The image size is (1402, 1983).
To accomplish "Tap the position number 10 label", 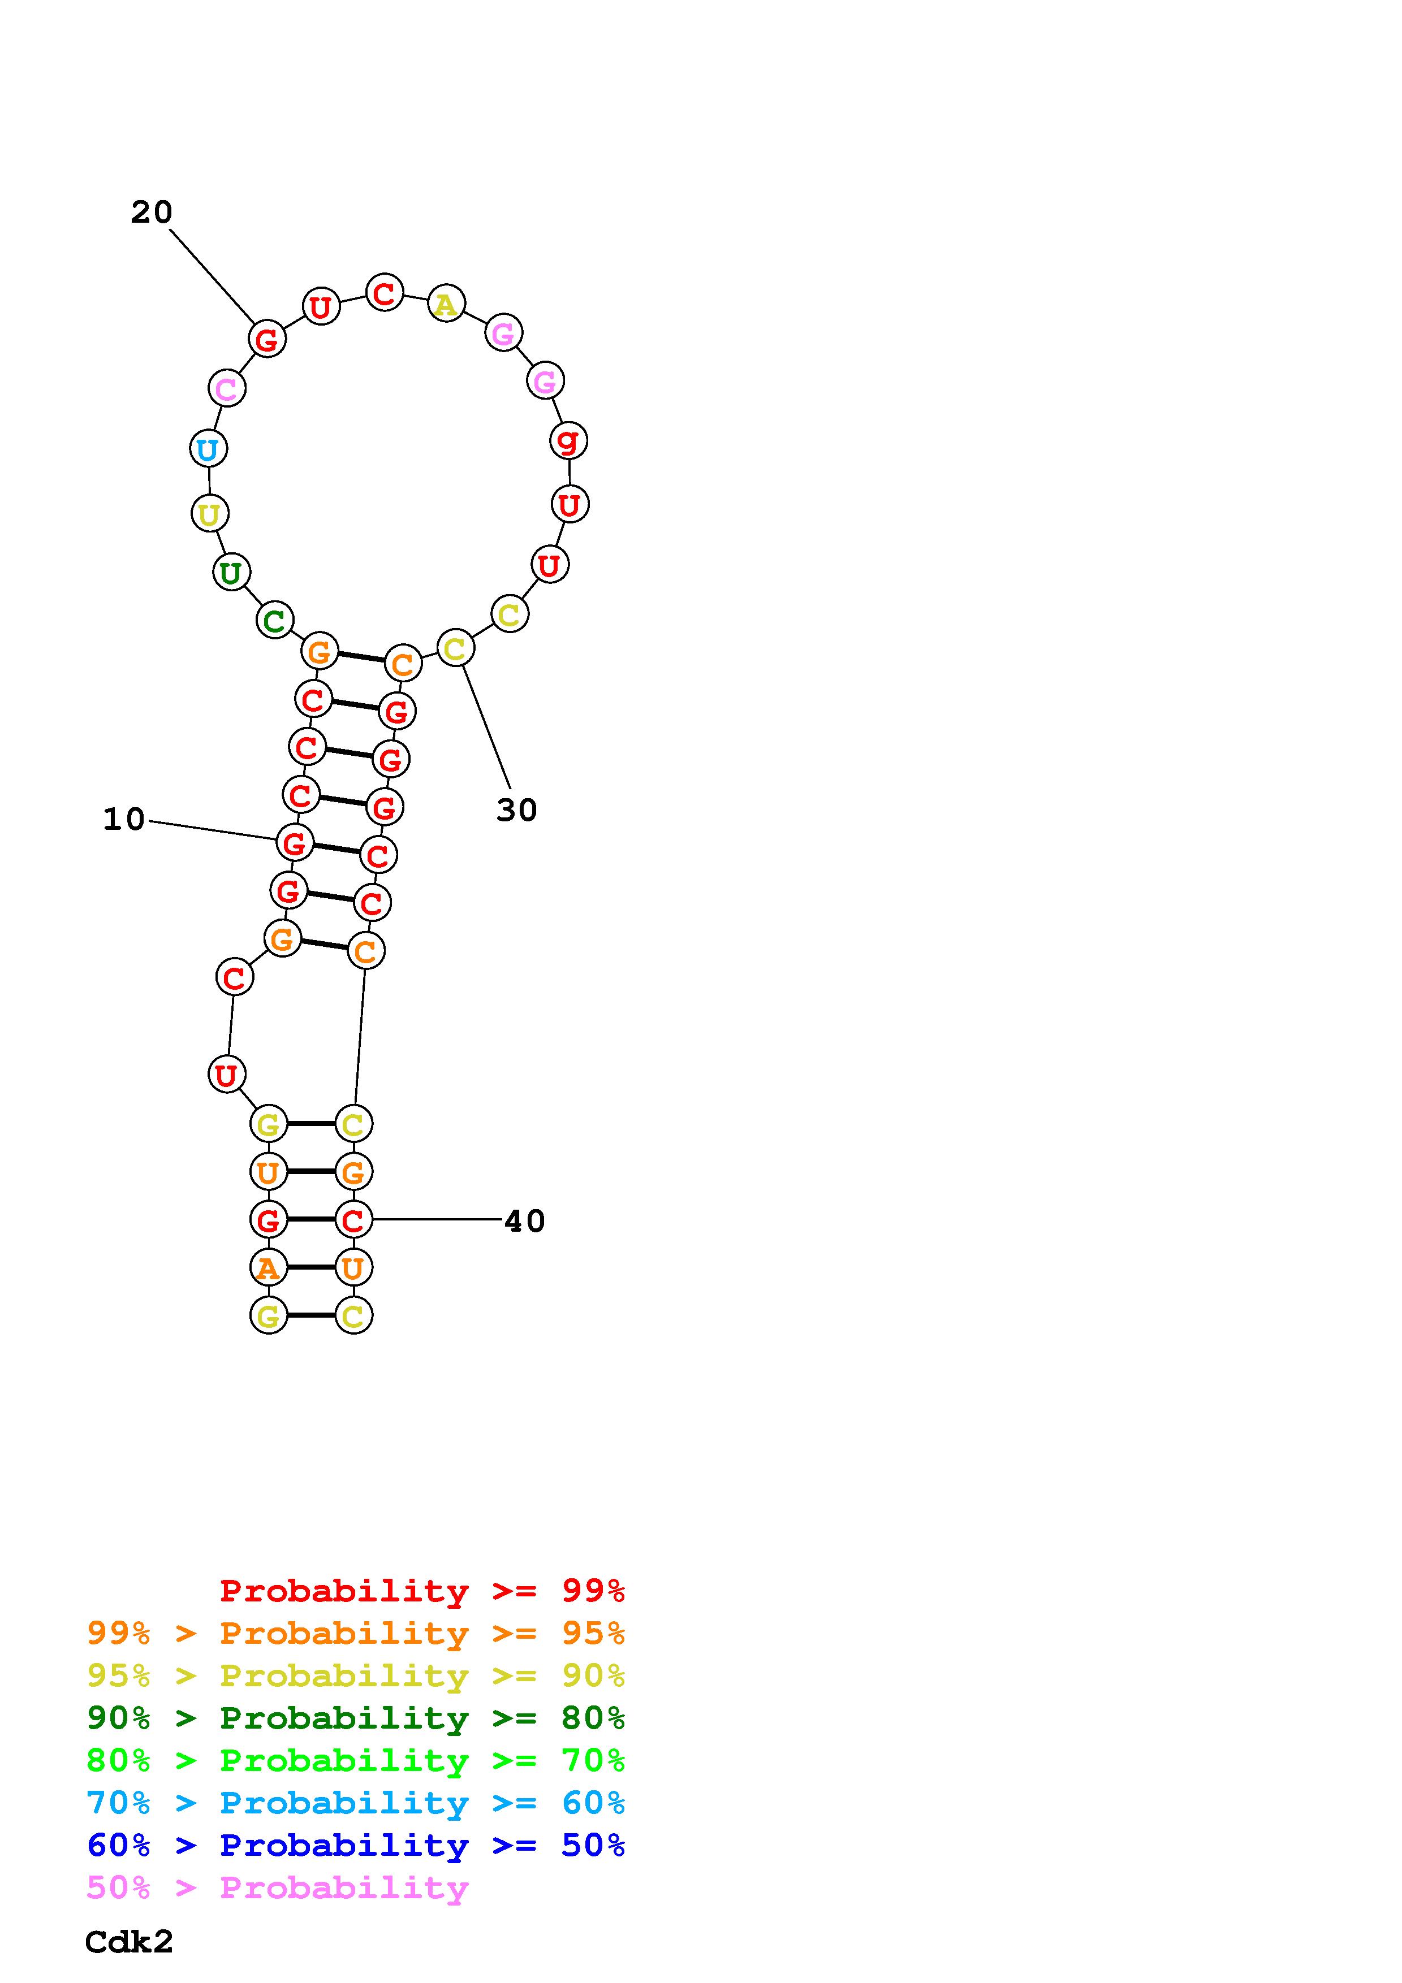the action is coord(123,820).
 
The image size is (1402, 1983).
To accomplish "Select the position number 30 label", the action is coord(516,810).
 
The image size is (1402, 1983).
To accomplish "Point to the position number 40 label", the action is coord(524,1221).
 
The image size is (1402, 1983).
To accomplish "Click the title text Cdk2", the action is coord(130,1942).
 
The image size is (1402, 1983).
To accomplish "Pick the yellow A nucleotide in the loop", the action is coord(446,303).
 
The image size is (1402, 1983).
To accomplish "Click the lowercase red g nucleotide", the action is coord(568,440).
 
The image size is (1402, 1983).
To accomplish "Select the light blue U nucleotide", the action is coord(208,449).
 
